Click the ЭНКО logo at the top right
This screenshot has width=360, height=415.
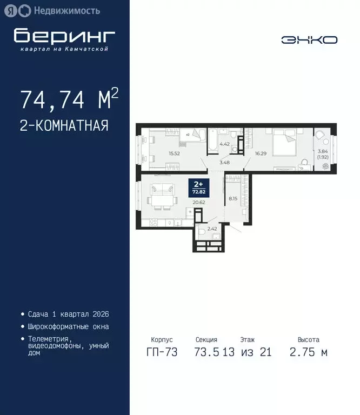pos(309,39)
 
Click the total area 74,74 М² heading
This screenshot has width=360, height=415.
pos(69,100)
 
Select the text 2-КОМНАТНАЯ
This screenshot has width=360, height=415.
pos(64,126)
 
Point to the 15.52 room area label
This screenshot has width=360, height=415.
pos(174,153)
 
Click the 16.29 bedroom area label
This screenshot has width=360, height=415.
pos(261,153)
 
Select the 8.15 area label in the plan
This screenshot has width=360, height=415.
pos(234,198)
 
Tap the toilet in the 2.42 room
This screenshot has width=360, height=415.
pos(202,231)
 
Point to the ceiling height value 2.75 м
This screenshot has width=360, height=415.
pos(308,353)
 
